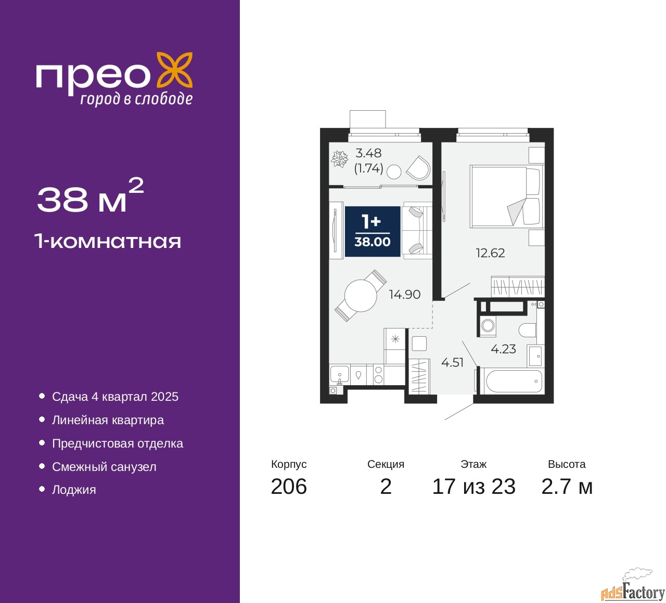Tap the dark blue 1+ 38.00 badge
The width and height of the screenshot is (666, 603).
coord(373,231)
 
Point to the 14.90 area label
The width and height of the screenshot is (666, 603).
coord(405,294)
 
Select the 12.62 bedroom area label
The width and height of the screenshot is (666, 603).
coord(490,253)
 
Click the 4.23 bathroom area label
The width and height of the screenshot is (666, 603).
coord(503,349)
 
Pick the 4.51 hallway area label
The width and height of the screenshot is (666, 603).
coord(452,362)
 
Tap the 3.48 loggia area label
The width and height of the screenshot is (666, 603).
coord(368,153)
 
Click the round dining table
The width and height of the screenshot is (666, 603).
coord(361,296)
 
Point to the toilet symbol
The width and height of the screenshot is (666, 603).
coord(527,330)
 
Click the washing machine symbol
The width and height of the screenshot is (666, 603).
coord(488,325)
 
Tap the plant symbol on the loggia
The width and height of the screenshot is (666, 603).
coord(339,159)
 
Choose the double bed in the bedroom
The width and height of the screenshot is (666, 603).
coord(507,196)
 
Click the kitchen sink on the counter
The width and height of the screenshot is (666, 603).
coord(339,375)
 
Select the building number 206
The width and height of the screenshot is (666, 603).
coord(289,487)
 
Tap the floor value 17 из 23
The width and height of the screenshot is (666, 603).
coord(474,487)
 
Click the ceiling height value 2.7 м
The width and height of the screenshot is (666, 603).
coord(567,487)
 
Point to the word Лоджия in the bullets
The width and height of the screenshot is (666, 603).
coord(74,490)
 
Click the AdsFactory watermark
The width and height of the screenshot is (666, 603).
coord(633,591)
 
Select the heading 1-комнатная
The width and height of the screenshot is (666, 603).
coord(108,241)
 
